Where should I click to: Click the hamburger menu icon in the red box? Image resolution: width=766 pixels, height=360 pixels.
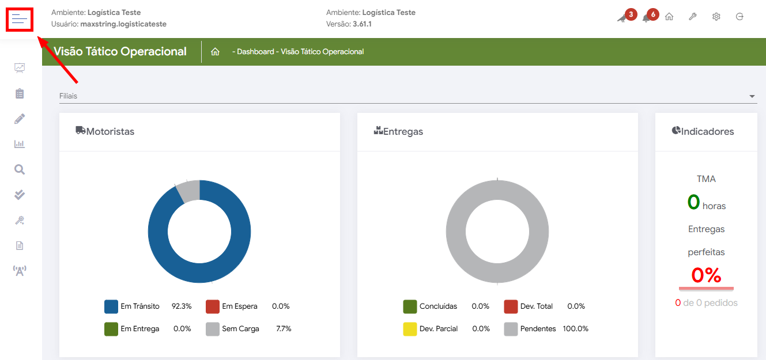[19, 20]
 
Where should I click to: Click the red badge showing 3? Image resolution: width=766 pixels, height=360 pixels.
[631, 14]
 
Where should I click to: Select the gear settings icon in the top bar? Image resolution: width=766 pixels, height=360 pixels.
[716, 17]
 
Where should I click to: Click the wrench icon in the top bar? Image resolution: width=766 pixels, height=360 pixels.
[692, 17]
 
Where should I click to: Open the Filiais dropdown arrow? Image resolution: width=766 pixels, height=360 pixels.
[752, 96]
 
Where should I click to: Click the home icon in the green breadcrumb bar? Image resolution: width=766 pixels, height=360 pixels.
[215, 52]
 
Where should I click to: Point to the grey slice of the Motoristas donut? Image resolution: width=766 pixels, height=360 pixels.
[188, 190]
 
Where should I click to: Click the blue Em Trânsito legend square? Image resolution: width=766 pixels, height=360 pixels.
[111, 306]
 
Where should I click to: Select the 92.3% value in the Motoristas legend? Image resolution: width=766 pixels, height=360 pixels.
[182, 306]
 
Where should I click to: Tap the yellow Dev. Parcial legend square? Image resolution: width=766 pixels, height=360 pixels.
[410, 329]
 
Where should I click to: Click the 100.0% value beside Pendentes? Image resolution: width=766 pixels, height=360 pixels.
[575, 329]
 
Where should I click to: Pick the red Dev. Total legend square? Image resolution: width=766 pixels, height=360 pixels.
[511, 306]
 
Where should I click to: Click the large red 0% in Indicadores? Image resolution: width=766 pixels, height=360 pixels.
[706, 275]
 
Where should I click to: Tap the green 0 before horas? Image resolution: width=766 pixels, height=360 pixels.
[693, 202]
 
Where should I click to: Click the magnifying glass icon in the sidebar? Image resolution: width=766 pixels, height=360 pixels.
[20, 169]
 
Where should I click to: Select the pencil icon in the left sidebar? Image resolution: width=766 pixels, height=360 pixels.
[20, 119]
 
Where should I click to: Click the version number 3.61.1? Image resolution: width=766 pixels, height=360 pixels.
[362, 24]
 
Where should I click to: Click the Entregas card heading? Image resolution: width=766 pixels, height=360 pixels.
[403, 131]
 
